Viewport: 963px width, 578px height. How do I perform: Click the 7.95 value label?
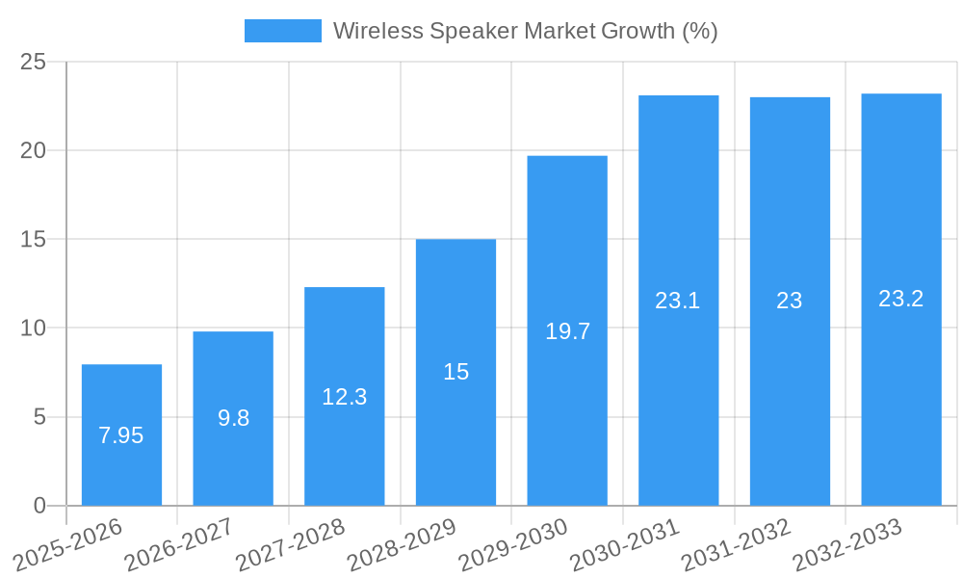(x=121, y=435)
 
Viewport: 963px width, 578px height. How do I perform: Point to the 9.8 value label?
(x=233, y=418)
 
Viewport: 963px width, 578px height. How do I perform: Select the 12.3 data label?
(x=345, y=396)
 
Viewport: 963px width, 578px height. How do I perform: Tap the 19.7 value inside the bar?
(x=567, y=331)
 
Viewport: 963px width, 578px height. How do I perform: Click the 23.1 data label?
(x=678, y=301)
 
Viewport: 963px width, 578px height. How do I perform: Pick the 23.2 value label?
(x=901, y=299)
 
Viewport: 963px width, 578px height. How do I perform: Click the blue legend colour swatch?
(x=282, y=31)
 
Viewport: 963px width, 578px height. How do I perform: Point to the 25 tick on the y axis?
(x=34, y=63)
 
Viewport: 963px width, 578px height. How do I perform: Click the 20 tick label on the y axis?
(x=34, y=151)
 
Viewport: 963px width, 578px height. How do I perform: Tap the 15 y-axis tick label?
(x=34, y=240)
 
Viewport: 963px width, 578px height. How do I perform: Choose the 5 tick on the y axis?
(x=39, y=418)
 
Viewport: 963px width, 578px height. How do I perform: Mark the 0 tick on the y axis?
(x=39, y=506)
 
